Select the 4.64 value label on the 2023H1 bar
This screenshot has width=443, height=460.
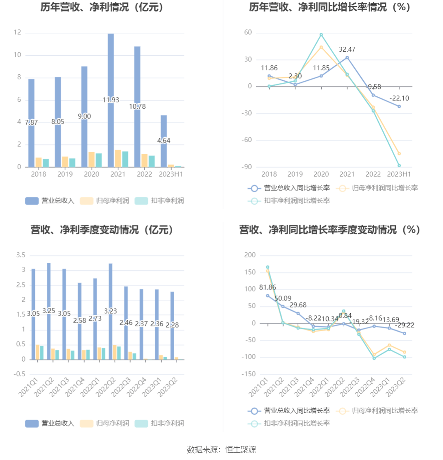(164, 141)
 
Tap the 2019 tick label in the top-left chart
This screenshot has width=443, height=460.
(65, 174)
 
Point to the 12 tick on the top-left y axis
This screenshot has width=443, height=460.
(17, 32)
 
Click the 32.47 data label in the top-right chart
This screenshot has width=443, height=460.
(347, 50)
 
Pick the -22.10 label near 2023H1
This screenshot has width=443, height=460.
(399, 98)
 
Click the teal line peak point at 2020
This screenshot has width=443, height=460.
(321, 35)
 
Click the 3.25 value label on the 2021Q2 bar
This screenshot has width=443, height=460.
(49, 311)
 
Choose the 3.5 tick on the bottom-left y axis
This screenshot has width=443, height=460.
(20, 255)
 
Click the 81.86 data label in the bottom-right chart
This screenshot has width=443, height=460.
(268, 287)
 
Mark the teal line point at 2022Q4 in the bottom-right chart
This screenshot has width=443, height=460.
(374, 358)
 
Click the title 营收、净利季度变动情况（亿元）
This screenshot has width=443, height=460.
(102, 230)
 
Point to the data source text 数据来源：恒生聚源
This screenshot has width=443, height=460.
(221, 449)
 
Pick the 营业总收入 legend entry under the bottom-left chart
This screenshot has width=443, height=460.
(50, 424)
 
